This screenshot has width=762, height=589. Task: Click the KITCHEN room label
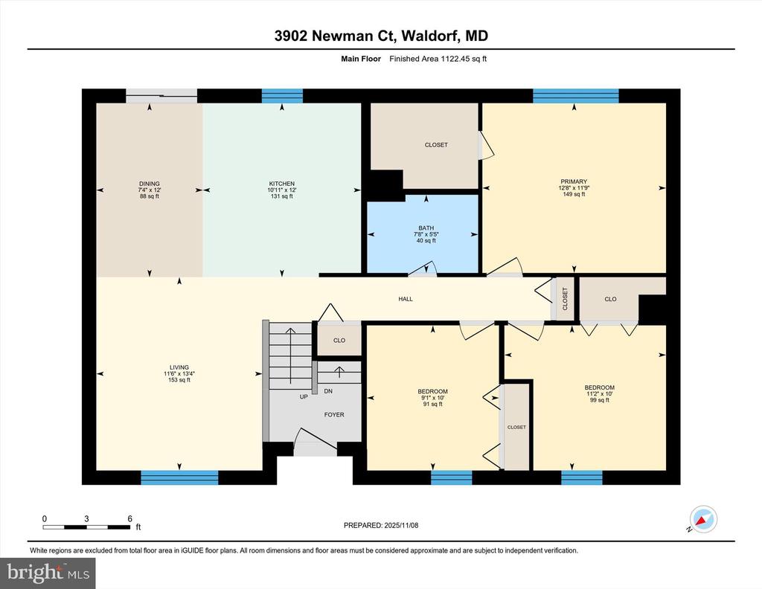(282, 184)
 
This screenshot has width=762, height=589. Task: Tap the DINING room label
(149, 184)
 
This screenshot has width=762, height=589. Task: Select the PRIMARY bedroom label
(574, 181)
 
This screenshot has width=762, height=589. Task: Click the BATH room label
(426, 228)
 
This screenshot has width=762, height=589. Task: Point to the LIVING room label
(179, 367)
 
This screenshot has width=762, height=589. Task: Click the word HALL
(406, 299)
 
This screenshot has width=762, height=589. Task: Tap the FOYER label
(334, 415)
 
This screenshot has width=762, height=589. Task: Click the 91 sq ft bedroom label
(432, 391)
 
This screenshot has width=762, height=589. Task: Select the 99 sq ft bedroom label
(600, 387)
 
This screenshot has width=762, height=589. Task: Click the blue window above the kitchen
(282, 96)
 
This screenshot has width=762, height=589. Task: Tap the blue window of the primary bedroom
(576, 96)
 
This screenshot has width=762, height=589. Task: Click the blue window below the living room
(179, 477)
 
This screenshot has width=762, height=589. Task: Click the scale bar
(86, 527)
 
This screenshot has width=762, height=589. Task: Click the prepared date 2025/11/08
(401, 525)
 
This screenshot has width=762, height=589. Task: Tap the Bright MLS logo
(48, 573)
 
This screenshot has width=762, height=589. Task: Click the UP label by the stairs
(304, 396)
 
